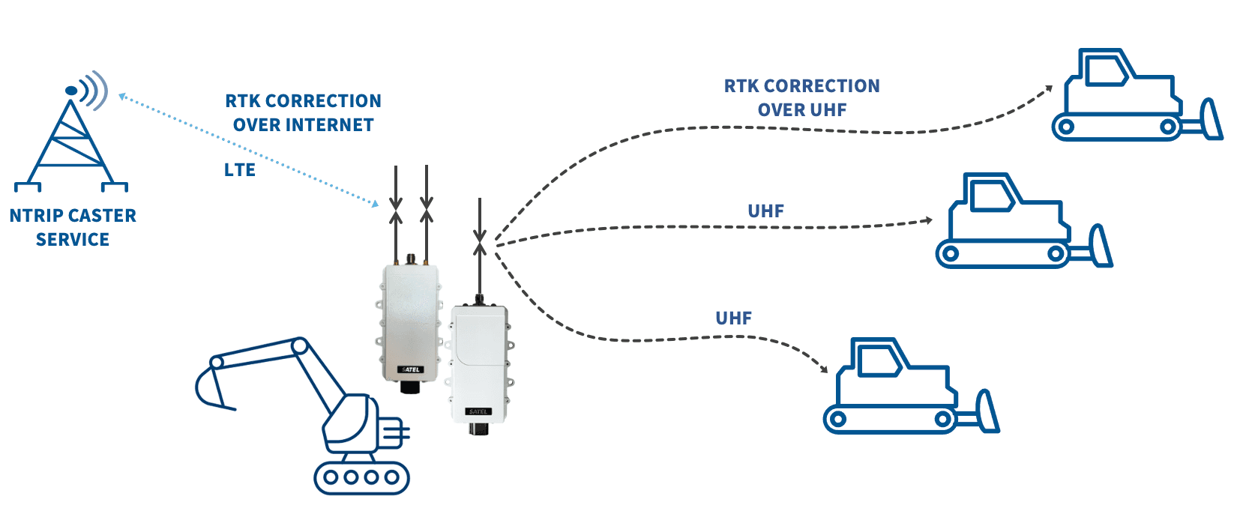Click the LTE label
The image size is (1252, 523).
240,170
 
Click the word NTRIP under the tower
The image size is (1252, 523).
36,216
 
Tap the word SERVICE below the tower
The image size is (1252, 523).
73,240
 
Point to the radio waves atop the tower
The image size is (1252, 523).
93,90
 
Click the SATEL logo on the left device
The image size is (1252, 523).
411,369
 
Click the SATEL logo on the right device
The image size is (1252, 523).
478,411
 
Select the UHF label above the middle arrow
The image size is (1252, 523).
765,211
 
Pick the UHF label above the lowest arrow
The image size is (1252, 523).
733,318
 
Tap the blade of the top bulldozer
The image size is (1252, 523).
1210,121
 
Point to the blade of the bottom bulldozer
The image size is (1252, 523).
987,411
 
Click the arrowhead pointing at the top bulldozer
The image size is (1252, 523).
1049,88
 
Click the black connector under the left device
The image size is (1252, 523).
410,387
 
